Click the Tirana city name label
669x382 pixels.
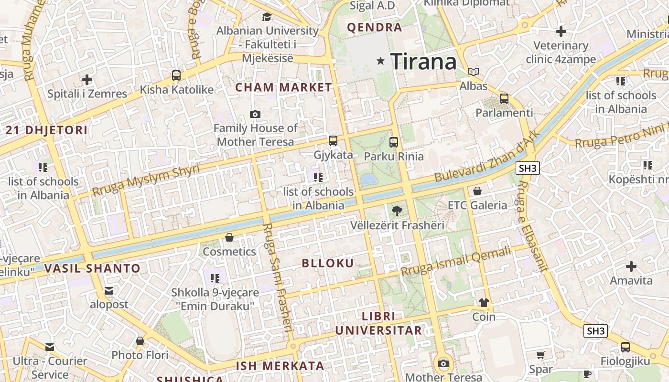point(423,62)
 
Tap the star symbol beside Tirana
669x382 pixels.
point(381,61)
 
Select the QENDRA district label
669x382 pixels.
point(375,27)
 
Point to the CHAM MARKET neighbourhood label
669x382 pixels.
point(283,87)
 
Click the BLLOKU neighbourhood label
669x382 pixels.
point(328,263)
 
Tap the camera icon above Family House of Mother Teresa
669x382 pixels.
point(255,114)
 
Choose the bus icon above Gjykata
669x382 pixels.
point(333,141)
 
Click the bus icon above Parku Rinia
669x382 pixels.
point(394,142)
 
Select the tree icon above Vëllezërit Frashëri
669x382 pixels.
point(397,211)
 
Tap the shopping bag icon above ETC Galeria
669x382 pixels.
point(477,191)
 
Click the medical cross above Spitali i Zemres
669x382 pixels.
point(87,79)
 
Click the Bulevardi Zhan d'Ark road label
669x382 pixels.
point(487,156)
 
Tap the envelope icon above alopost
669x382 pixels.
point(109,290)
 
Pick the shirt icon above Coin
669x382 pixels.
point(484,303)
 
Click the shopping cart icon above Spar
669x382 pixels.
point(540,355)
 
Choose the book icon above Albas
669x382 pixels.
point(474,72)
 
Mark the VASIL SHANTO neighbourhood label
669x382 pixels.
point(92,268)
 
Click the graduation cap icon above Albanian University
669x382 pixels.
point(267,17)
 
